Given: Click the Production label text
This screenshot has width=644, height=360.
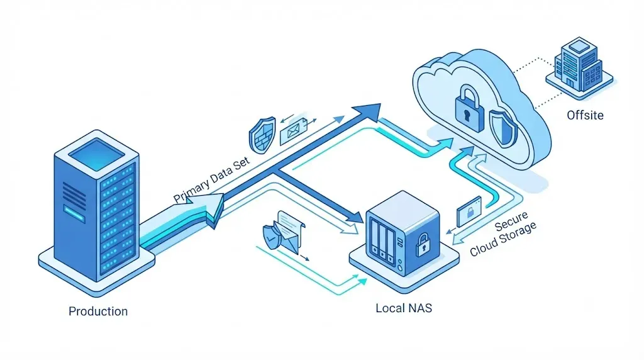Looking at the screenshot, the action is coord(98,311).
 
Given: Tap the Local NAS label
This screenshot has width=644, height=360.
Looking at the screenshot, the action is coord(404,308).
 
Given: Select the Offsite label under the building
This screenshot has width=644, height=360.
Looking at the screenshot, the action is coord(586,115).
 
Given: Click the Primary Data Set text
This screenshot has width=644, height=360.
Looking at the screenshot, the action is coord(211,179).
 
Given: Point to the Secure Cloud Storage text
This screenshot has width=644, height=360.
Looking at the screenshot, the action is coord(503,233).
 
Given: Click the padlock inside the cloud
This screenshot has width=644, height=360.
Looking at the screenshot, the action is coord(469,108).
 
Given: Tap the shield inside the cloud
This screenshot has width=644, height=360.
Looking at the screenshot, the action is coord(503,128).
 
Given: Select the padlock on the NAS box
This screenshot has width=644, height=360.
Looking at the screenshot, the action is coord(422,245).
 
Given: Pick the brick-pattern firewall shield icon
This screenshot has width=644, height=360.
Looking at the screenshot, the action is coord(262,135).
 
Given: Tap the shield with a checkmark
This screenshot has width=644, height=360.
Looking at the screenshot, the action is coord(270,237).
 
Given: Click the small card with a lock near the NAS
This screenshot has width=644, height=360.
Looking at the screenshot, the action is coord(469,211).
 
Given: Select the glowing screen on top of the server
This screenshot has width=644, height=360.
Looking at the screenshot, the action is coord(96,154).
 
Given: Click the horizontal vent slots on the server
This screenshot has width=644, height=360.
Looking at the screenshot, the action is coord(74,195).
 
